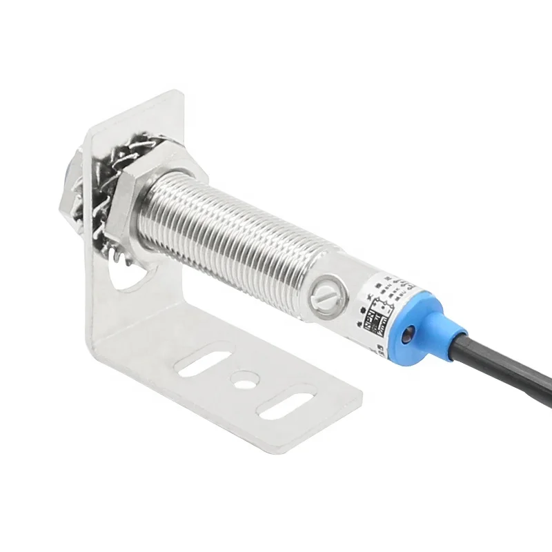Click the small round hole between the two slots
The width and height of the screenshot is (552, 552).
241,377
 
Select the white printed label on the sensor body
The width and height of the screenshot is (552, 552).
383,304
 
